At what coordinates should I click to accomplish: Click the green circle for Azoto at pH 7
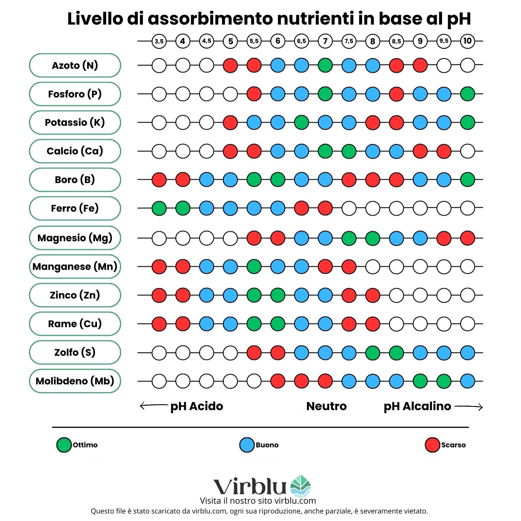[x=325, y=65]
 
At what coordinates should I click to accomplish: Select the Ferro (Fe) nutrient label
[x=75, y=208]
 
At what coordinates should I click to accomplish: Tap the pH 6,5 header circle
[x=301, y=41]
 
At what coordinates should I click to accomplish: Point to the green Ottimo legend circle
[x=64, y=445]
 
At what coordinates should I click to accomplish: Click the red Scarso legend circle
[x=432, y=445]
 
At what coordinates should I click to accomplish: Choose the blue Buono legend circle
[x=247, y=445]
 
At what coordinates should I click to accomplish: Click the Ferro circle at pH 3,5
[x=159, y=208]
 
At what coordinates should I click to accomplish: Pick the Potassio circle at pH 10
[x=467, y=122]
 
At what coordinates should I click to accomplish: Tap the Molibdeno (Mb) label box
[x=75, y=381]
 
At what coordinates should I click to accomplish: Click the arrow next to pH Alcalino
[x=469, y=407]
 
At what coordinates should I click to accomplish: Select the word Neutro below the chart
[x=326, y=406]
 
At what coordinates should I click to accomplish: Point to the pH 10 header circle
[x=467, y=41]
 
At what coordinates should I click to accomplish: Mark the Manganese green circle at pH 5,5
[x=254, y=267]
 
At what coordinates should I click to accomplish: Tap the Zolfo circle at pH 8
[x=373, y=353]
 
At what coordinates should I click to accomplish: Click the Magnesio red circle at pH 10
[x=467, y=238]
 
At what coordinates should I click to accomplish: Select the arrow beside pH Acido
[x=153, y=406]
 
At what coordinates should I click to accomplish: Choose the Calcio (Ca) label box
[x=75, y=151]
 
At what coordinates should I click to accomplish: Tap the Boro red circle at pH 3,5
[x=159, y=179]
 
